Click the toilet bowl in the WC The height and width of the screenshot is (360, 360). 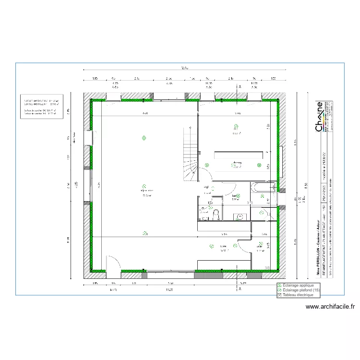216,214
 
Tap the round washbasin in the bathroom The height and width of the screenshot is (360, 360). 240,216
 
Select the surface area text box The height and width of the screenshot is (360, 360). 41,106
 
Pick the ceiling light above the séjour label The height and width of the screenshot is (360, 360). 144,186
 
